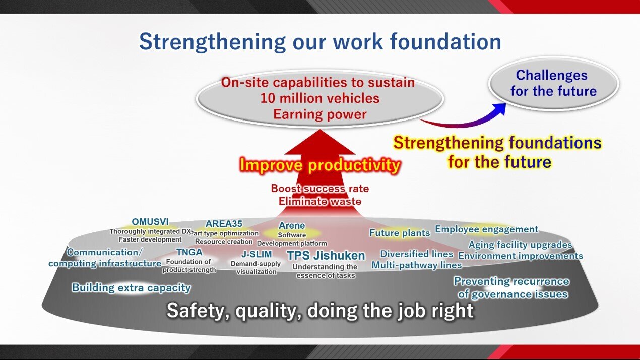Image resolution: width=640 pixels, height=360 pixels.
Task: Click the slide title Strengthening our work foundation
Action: coord(320,42)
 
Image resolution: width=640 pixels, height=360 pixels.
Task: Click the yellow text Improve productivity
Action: coord(319,165)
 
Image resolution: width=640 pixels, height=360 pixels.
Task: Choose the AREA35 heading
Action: coord(224,223)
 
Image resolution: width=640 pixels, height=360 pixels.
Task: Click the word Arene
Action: coord(292,225)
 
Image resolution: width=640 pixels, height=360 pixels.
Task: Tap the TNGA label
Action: coord(189,252)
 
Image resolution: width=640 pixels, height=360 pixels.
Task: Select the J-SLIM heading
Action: coord(257,254)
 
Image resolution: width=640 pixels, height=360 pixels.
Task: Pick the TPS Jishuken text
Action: coord(326,255)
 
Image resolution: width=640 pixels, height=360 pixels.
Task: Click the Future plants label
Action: coord(400,233)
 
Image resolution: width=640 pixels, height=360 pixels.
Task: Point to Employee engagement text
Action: coord(487,229)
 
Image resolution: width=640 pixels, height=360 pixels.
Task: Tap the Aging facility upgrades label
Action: coord(520,245)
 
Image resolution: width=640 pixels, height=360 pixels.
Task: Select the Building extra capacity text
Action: coord(132,288)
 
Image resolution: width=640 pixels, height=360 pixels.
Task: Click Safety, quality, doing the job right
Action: coord(320,311)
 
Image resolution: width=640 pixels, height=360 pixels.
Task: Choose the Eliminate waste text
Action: coord(319,201)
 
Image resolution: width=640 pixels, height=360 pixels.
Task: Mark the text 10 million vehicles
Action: coord(319,98)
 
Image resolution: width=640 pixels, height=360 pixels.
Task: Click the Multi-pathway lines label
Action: coord(417,265)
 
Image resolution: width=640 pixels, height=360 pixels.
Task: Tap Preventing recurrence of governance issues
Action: coord(511,288)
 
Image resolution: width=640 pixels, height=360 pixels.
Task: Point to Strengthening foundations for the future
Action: coord(498,152)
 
